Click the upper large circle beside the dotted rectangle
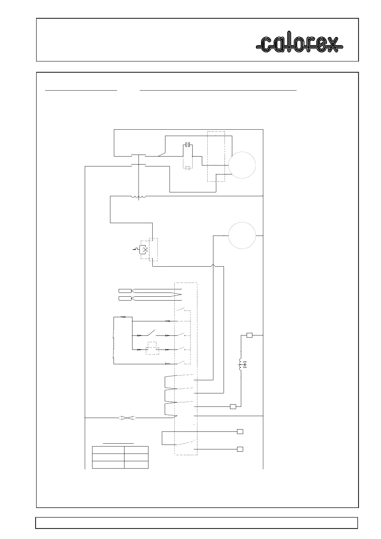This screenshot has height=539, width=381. point(242,165)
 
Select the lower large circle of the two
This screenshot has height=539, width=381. point(242,235)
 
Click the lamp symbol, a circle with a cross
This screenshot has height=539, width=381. point(145,249)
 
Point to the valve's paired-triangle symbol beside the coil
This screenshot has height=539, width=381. point(245,365)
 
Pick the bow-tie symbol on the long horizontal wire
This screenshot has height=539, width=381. point(127,418)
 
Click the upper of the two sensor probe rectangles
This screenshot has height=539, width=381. point(125,291)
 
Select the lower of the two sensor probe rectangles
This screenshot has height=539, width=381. point(125,299)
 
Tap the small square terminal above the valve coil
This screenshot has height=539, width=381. point(250,335)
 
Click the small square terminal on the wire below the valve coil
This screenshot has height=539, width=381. point(233,406)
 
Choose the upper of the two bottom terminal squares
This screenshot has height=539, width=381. point(240,431)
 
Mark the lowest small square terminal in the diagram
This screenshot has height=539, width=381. point(240,449)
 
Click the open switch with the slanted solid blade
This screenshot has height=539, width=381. point(151,333)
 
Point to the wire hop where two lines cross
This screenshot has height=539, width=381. point(213,266)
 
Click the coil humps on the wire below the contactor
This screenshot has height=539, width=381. point(138,197)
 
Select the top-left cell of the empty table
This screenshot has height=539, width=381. point(108,450)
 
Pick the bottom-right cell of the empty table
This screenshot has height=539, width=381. point(136,465)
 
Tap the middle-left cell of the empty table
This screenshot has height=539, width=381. point(108,457)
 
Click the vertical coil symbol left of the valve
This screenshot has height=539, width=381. point(240,365)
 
